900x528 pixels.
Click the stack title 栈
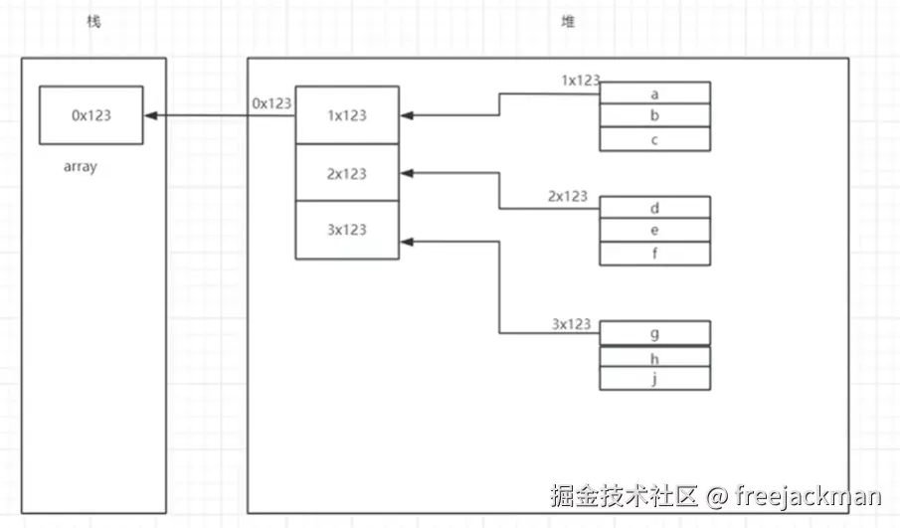pos(93,21)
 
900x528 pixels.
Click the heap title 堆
pos(568,21)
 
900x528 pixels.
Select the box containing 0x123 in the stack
pos(91,115)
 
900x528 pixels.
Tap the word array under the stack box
pos(80,167)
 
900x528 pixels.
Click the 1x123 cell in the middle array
pos(347,115)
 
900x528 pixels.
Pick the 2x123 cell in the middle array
pos(347,173)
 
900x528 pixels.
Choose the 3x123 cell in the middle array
pos(347,230)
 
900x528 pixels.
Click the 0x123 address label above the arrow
pos(272,102)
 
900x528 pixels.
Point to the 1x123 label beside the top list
pos(581,81)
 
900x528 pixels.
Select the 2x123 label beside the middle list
pos(568,196)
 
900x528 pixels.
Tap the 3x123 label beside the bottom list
pos(572,324)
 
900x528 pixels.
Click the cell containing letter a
pos(654,93)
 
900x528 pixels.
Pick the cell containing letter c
pos(654,139)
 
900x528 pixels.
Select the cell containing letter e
pos(654,231)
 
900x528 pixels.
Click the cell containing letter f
pos(654,254)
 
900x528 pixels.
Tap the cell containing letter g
pos(654,332)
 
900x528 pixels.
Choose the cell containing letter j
pos(654,379)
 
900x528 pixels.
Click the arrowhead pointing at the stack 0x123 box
pos(150,115)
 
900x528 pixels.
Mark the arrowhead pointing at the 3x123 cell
pos(406,241)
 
